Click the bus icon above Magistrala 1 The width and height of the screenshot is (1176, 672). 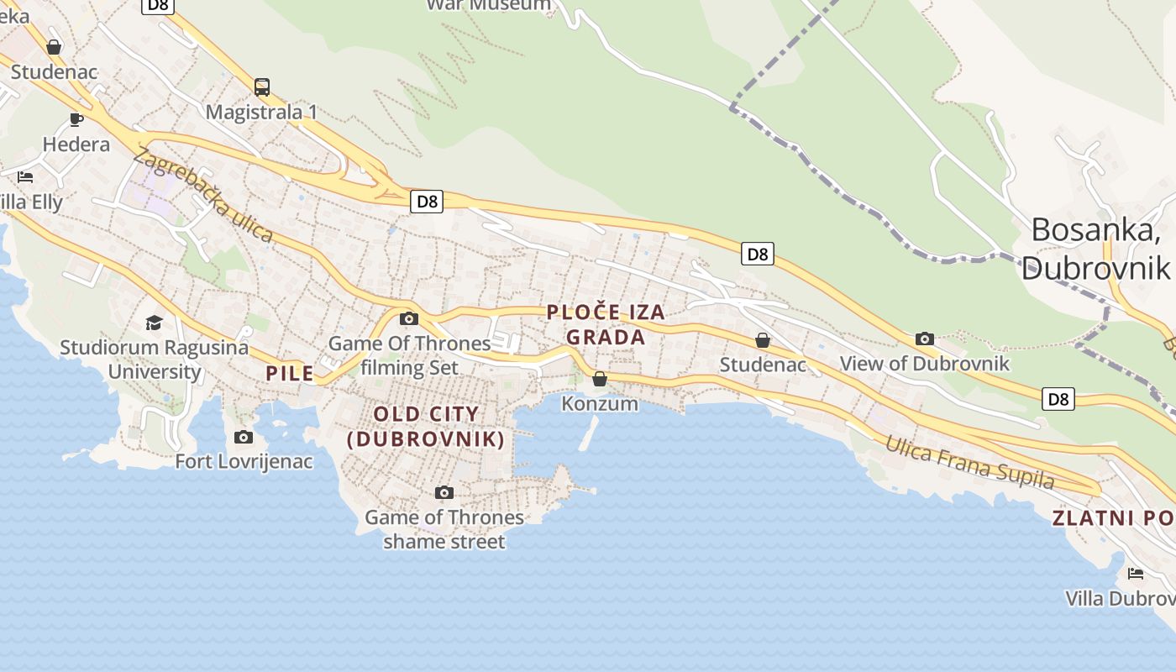tap(262, 87)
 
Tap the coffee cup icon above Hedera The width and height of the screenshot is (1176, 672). tap(76, 118)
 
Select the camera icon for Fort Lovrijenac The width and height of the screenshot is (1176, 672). tap(244, 437)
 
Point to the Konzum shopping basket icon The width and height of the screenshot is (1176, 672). tap(600, 379)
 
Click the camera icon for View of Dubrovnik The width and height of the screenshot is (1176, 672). tap(925, 339)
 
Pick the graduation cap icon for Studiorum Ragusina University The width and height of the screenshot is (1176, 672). tap(154, 323)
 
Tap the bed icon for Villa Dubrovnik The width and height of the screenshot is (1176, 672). tap(1136, 574)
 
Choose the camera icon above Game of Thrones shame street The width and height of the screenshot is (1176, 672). tap(444, 492)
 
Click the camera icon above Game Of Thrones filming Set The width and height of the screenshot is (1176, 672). tap(409, 318)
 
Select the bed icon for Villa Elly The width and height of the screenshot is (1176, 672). tap(25, 176)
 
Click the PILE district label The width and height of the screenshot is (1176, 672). tap(290, 373)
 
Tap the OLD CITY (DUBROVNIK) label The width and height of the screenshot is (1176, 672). tap(426, 426)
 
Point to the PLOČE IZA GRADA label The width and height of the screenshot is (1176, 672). tap(606, 324)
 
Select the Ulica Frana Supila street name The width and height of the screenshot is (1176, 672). tap(970, 462)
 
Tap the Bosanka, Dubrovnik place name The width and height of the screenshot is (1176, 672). tap(1095, 248)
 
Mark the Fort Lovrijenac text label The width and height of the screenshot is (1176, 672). tap(244, 461)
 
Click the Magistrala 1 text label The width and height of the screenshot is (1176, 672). tap(261, 112)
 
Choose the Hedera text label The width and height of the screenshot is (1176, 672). tap(76, 144)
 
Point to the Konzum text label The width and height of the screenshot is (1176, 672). tap(600, 404)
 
